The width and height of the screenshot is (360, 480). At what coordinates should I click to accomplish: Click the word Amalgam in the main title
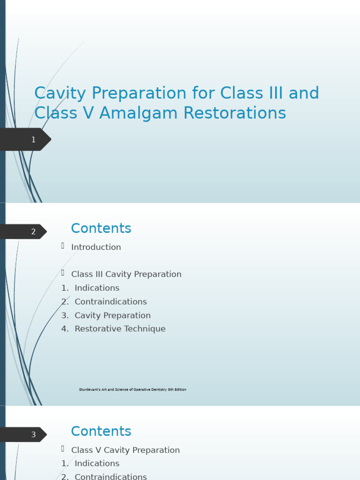click(134, 113)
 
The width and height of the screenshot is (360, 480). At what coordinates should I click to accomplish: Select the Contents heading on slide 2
click(101, 229)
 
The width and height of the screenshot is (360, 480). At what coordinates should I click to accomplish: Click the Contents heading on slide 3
click(101, 432)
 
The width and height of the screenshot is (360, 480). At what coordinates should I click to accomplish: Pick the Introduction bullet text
click(96, 247)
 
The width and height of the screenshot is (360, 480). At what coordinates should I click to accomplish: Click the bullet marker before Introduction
click(62, 246)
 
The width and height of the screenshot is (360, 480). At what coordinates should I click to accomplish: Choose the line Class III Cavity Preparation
click(126, 274)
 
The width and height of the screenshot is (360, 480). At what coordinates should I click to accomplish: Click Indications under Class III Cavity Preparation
click(97, 288)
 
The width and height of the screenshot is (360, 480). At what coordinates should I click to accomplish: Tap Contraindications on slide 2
click(111, 301)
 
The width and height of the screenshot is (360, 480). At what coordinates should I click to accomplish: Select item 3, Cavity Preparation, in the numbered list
click(112, 315)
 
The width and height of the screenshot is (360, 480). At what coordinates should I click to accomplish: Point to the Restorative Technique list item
click(120, 329)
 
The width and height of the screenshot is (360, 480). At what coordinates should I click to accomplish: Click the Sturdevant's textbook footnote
click(133, 390)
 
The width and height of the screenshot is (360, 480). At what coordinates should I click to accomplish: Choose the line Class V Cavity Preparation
click(125, 450)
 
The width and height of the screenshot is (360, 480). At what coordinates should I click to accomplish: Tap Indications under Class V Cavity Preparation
click(97, 464)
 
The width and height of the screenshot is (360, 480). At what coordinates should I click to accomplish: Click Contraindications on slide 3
click(111, 476)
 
